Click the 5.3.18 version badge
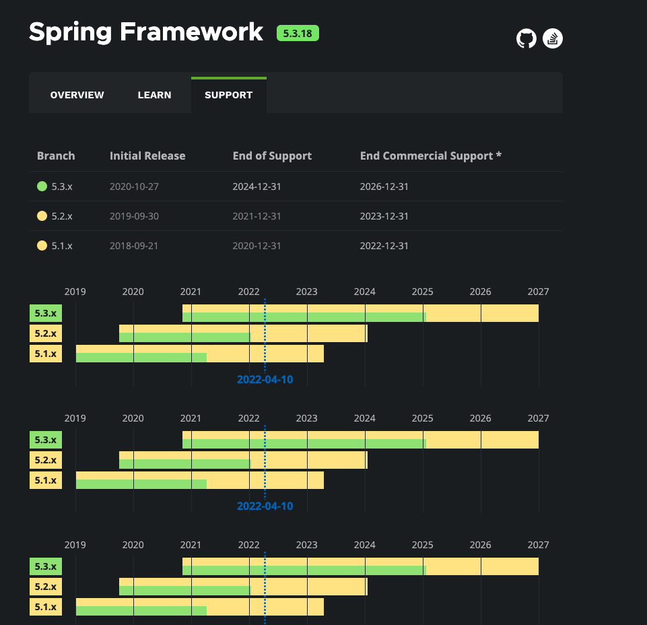point(298,33)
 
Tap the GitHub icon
point(526,38)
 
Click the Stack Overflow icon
point(553,38)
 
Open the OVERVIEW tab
point(77,95)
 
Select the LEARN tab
point(154,95)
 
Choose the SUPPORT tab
point(228,95)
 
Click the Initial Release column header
point(147,156)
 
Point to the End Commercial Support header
point(431,156)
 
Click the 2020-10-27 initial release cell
point(134,187)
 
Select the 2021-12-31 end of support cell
point(257,216)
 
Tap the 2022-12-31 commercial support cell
point(384,246)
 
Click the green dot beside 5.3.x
point(42,187)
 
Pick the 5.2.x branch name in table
point(62,216)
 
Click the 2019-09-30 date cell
point(134,216)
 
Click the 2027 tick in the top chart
point(538,292)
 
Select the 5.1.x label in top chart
point(46,354)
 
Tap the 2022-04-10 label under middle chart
point(265,506)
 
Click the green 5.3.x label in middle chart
point(46,440)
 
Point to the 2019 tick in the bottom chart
point(75,545)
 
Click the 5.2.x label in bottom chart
point(46,587)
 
